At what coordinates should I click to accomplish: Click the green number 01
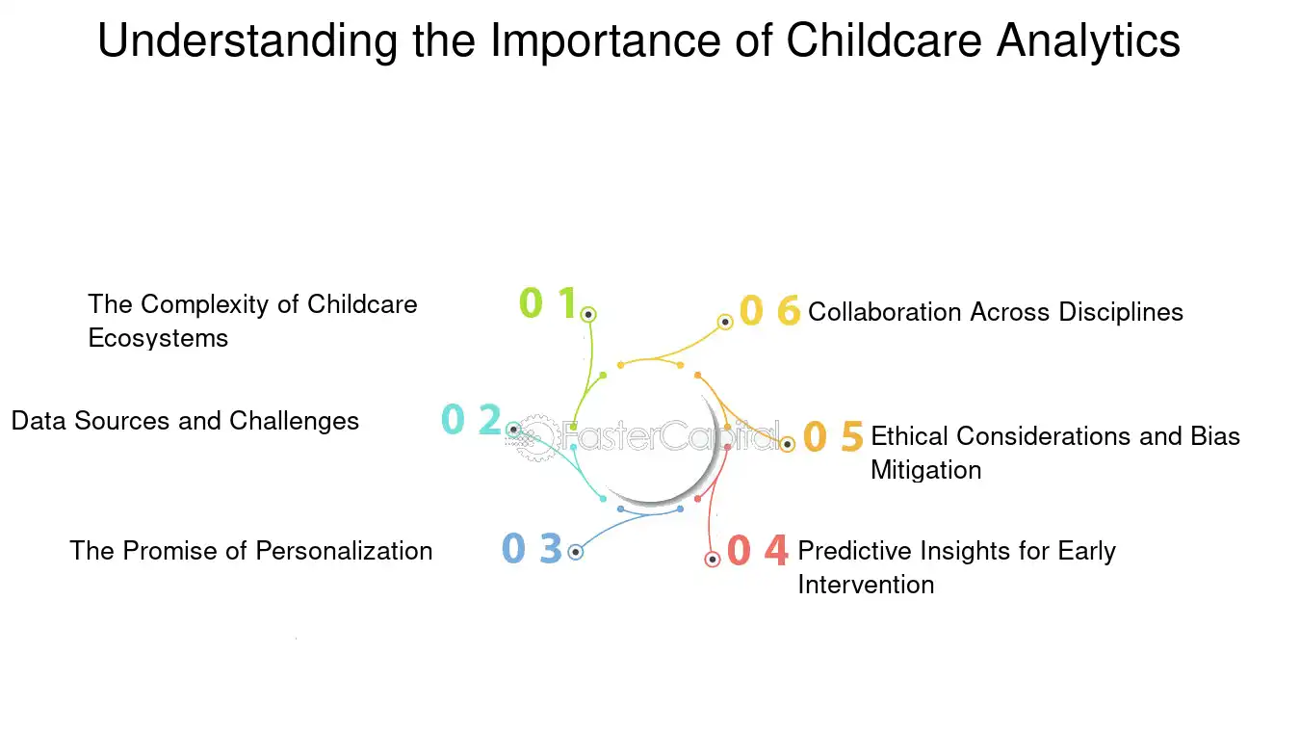click(547, 303)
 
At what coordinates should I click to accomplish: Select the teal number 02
click(471, 420)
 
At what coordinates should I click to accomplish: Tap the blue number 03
click(532, 549)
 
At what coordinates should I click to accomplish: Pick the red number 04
click(757, 550)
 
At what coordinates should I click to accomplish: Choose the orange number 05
click(833, 436)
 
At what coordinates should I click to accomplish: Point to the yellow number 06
click(769, 311)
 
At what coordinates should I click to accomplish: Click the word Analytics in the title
click(1088, 41)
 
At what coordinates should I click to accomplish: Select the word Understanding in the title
click(247, 41)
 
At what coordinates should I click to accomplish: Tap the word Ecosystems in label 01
click(158, 338)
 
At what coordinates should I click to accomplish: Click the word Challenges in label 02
click(294, 421)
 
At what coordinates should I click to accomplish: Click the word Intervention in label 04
click(866, 585)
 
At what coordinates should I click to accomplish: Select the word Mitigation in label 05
click(925, 470)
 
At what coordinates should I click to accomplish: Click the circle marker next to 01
click(587, 314)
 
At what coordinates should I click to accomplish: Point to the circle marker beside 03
click(575, 552)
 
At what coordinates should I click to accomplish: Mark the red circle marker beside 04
click(713, 559)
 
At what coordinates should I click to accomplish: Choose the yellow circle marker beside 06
click(726, 322)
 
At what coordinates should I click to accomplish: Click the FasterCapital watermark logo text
click(664, 437)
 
